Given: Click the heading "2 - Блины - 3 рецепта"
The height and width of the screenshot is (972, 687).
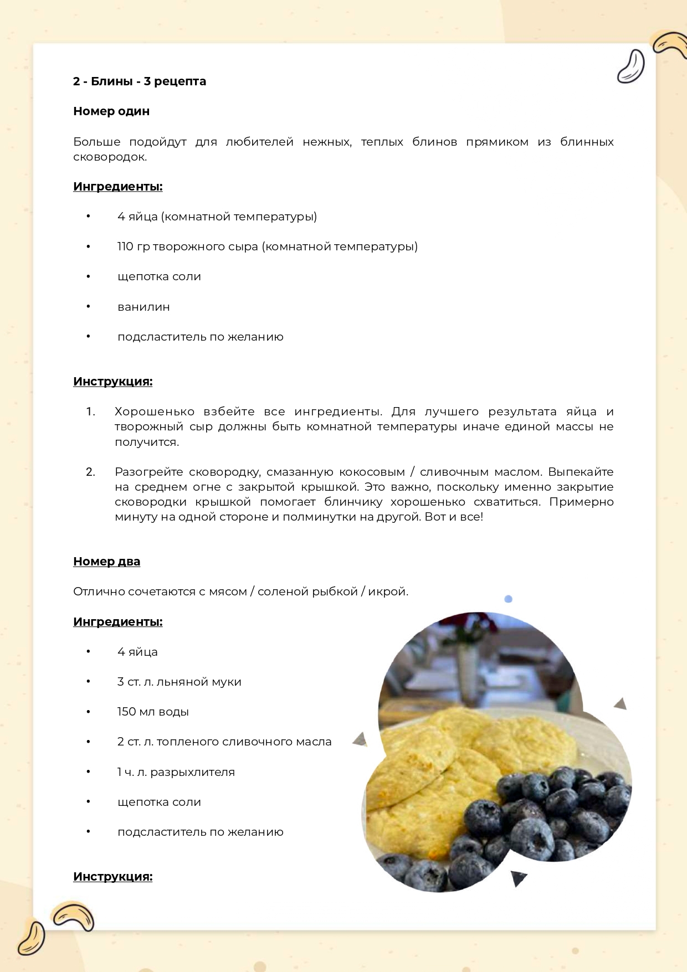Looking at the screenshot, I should pos(140,81).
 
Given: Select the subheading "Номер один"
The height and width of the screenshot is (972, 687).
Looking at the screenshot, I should pos(111,111).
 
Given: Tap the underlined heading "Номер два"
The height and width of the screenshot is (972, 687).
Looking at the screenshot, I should pos(106,562).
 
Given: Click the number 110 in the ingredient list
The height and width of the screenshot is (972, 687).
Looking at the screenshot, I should pos(125,246).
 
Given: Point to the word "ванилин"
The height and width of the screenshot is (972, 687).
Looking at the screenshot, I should pos(143,307).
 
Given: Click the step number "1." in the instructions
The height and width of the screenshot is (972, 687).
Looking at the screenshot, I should pos(91,412).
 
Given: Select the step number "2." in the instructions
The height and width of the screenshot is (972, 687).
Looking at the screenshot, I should pos(91,472).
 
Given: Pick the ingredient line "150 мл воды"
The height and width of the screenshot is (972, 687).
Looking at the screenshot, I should pos(153,712).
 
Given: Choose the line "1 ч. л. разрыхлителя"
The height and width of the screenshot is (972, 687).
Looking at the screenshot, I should pos(176,772).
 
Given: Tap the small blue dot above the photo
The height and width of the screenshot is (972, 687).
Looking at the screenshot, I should pos(508,599).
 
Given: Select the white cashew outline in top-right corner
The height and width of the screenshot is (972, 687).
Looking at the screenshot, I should pos(631,66).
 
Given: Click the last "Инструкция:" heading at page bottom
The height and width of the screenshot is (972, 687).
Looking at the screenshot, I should pos(112,877).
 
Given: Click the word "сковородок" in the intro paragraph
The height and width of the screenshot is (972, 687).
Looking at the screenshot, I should pos(110,157).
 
